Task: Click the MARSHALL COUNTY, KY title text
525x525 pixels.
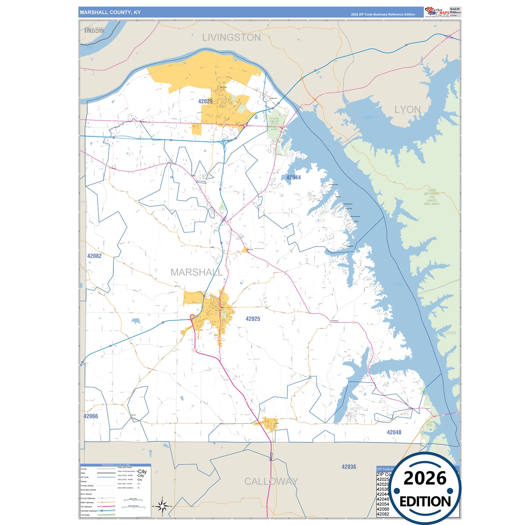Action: pyautogui.click(x=110, y=12)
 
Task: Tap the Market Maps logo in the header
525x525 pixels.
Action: pyautogui.click(x=437, y=12)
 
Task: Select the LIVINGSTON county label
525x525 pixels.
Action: pyautogui.click(x=231, y=37)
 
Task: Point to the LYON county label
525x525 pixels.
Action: pyautogui.click(x=407, y=110)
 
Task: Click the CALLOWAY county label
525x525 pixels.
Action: pyautogui.click(x=271, y=481)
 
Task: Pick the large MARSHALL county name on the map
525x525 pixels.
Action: pyautogui.click(x=197, y=272)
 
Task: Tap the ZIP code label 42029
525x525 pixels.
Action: pyautogui.click(x=205, y=101)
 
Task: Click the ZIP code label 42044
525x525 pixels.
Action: pyautogui.click(x=293, y=178)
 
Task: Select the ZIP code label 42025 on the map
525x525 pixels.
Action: pyautogui.click(x=253, y=319)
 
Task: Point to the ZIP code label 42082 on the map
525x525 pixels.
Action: pyautogui.click(x=94, y=256)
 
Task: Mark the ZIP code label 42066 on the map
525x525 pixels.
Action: pyautogui.click(x=91, y=416)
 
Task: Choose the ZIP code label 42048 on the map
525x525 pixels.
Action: pyautogui.click(x=394, y=432)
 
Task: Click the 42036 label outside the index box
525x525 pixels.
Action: pyautogui.click(x=349, y=467)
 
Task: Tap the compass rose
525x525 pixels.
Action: pyautogui.click(x=162, y=506)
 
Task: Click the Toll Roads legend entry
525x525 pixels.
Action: pyautogui.click(x=85, y=515)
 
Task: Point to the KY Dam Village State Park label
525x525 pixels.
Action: pyautogui.click(x=274, y=124)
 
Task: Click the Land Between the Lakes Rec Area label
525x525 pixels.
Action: pyautogui.click(x=432, y=197)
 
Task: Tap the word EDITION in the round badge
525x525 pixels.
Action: pyautogui.click(x=425, y=502)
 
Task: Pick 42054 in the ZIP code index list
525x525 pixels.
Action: pyautogui.click(x=383, y=504)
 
